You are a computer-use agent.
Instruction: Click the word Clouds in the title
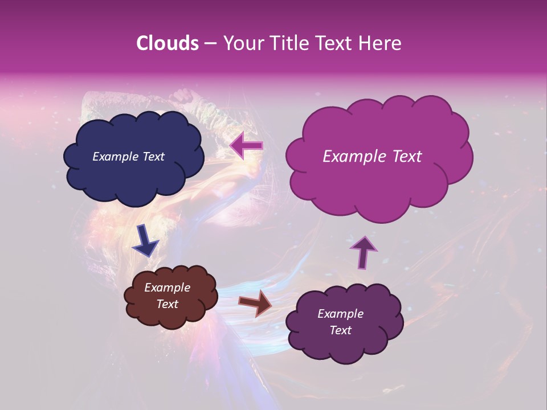coord(168,43)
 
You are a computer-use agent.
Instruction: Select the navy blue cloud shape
coord(134,177)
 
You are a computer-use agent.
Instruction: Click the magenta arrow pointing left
coord(247,146)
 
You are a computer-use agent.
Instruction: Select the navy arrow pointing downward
coord(145,241)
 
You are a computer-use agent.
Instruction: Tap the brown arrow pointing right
coord(255,304)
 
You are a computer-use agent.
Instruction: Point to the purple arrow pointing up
coord(363,252)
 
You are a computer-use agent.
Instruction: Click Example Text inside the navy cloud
coord(128,157)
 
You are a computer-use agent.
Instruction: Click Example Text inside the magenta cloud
coord(372,157)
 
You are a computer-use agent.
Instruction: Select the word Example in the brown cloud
coord(167,288)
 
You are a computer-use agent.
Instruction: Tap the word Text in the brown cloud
coord(167,304)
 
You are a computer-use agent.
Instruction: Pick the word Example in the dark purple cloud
coord(340,314)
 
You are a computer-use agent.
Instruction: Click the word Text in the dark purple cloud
coord(340,330)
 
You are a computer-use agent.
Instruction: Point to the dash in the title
coord(210,43)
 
